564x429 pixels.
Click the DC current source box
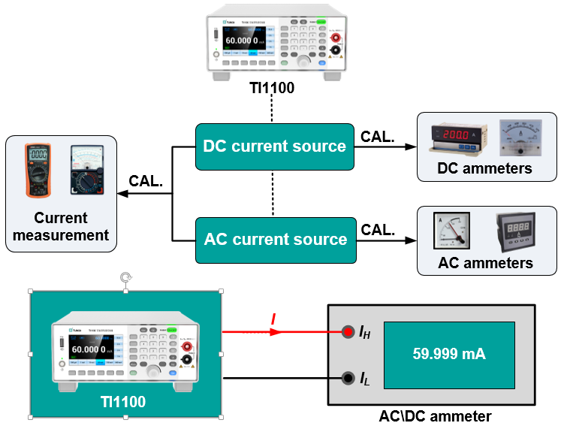274,146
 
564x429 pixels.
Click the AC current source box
275,240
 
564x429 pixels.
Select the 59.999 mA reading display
449,355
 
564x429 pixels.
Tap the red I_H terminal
348,331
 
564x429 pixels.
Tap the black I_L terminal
348,379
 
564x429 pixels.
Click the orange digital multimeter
38,170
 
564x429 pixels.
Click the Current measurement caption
60,226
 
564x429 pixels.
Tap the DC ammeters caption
485,168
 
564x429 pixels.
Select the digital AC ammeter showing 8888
517,230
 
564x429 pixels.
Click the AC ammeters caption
485,263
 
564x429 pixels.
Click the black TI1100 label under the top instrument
272,89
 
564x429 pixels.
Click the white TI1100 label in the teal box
123,402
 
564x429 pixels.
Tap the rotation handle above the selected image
126,278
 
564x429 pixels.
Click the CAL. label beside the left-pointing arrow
146,182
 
